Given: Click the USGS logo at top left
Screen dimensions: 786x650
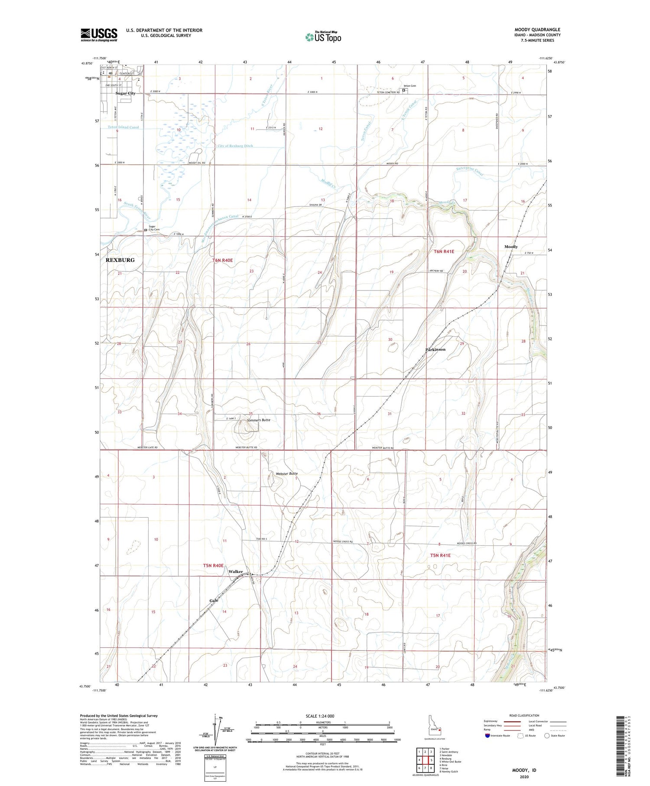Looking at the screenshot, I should [99, 35].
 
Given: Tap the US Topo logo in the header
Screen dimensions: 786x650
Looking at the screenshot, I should [323, 37].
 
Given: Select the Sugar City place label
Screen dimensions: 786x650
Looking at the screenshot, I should [125, 93].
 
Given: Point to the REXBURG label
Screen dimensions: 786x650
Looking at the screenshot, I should [120, 260].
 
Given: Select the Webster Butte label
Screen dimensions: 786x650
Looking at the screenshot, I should [286, 473].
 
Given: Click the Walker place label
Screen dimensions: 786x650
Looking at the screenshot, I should [236, 571].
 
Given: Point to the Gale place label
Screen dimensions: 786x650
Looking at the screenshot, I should [214, 600].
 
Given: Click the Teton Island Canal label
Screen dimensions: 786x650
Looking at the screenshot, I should [123, 127].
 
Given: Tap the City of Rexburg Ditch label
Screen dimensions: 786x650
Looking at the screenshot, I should [235, 146].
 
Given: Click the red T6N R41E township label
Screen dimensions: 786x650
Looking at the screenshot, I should [444, 251].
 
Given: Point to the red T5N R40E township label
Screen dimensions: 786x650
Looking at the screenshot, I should [213, 565].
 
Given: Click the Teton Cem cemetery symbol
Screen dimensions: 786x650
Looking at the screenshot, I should [404, 91].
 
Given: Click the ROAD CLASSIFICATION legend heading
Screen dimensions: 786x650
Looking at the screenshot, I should [524, 716].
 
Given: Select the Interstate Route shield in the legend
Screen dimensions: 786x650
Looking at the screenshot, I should [487, 736].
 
